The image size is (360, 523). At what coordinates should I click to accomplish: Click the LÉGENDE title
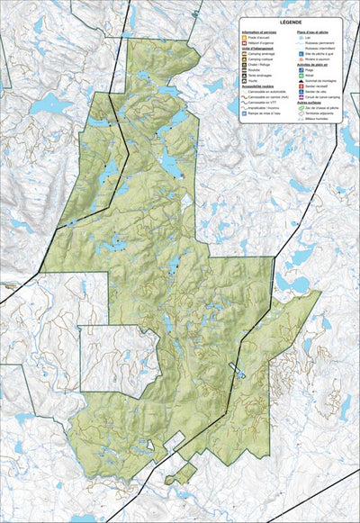(x=290, y=22)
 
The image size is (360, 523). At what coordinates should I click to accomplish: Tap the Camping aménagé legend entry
(x=261, y=55)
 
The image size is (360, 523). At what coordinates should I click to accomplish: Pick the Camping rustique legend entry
(x=261, y=60)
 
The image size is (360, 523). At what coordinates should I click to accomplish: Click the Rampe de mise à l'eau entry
(x=265, y=114)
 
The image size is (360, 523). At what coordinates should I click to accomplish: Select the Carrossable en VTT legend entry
(x=265, y=104)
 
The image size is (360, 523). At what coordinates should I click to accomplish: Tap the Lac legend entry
(x=309, y=39)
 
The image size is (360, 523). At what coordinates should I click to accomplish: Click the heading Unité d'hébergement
(x=256, y=50)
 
